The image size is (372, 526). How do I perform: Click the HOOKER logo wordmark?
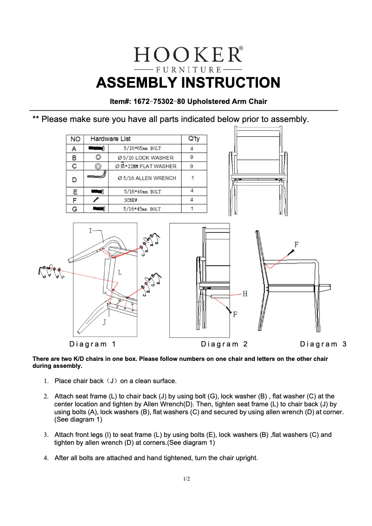click(188, 55)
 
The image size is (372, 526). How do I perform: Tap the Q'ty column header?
click(193, 139)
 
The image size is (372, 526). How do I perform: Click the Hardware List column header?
click(110, 139)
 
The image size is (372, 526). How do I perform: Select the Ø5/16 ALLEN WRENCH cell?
click(147, 178)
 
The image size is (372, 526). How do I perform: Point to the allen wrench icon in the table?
click(97, 177)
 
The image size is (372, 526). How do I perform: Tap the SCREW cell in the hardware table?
click(130, 200)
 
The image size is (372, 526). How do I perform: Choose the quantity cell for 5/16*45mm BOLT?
click(192, 209)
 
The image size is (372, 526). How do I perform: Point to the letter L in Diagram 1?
click(120, 272)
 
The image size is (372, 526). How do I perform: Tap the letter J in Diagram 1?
click(104, 322)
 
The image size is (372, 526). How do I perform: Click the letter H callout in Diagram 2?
click(245, 294)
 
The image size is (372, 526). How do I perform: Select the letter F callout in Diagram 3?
click(296, 244)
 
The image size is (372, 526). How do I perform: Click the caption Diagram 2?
click(224, 344)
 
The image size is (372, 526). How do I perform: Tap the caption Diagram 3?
click(323, 344)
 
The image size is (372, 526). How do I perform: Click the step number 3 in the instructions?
click(46, 435)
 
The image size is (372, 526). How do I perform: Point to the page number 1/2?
click(186, 479)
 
